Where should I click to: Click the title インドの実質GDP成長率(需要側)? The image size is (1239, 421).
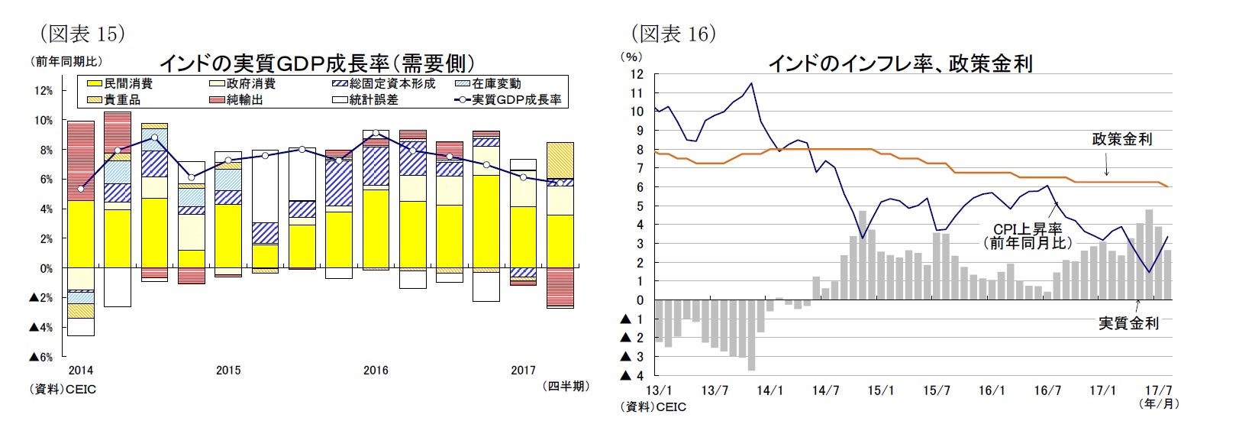point(316,63)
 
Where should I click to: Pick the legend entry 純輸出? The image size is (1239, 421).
point(244,99)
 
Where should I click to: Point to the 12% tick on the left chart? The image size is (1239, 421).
point(43,91)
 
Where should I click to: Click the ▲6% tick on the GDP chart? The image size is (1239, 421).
point(40,357)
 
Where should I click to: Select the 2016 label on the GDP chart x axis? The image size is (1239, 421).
point(376,371)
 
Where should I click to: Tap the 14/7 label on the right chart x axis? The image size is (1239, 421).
point(825,391)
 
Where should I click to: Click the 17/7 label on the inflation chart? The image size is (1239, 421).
point(1159,391)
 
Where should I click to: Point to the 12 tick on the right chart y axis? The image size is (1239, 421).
point(637,74)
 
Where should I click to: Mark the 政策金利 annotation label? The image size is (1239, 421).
point(1121,139)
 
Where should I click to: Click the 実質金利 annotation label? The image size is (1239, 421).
point(1128,323)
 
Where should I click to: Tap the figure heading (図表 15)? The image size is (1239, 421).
point(81,34)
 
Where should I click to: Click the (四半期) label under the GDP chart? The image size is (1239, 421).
point(566,387)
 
